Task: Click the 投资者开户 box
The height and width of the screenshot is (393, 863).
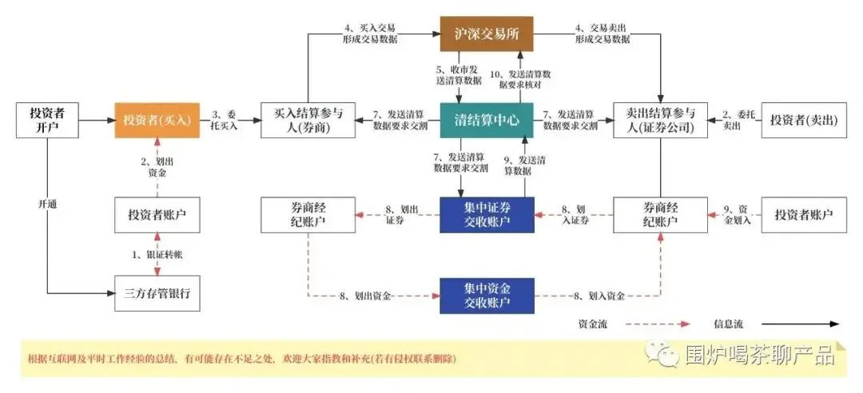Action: (49, 120)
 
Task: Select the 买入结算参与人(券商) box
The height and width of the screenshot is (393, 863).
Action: (308, 120)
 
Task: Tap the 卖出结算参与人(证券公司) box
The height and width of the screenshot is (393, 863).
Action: (660, 120)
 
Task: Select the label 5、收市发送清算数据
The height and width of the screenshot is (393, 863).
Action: (459, 74)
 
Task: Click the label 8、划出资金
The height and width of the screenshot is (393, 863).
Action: (364, 296)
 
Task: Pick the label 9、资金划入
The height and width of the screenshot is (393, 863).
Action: (736, 214)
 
